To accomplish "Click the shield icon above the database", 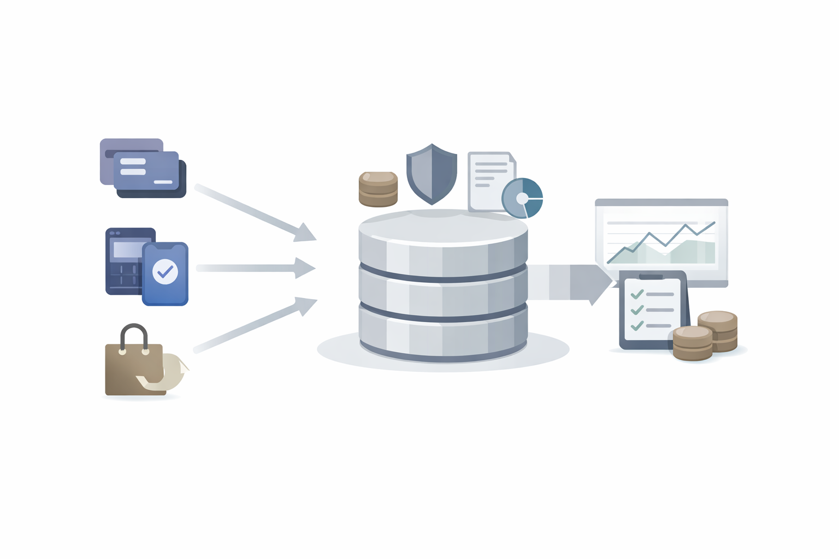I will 432,173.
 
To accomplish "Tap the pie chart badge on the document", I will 522,198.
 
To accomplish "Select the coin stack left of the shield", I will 378,189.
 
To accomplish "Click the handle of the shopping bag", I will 134,334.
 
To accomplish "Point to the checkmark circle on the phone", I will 165,271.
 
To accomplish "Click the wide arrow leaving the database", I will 571,282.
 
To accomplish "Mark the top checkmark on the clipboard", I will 636,294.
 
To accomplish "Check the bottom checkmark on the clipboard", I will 636,326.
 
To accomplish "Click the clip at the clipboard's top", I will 651,276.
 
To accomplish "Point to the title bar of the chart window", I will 661,203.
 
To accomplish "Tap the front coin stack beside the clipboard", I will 692,343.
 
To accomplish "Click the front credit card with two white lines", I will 146,170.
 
